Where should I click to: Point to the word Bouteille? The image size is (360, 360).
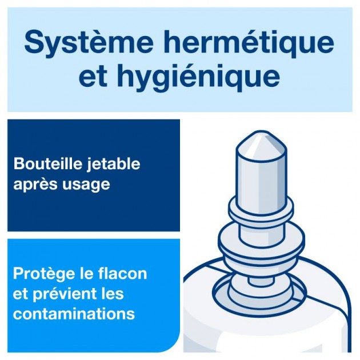point(48,163)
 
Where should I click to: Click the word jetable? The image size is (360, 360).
point(113,165)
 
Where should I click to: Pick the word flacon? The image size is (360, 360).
point(123,273)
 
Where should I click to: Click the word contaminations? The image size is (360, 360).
point(74,313)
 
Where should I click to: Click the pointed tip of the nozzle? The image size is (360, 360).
point(261,132)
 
